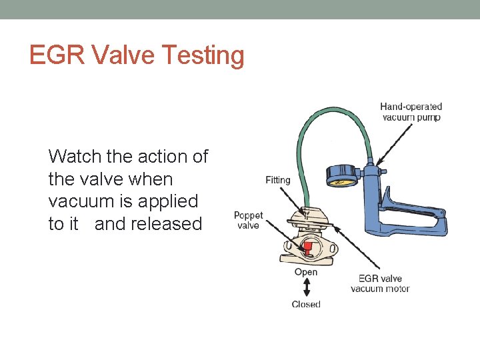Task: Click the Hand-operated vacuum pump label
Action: click(411, 112)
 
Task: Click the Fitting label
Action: click(278, 180)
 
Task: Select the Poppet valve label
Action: click(248, 220)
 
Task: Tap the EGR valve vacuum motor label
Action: click(380, 283)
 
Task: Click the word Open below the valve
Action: click(306, 272)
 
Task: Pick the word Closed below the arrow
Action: click(306, 305)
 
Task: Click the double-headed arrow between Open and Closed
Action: click(306, 288)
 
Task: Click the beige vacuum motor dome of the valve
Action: click(307, 219)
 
